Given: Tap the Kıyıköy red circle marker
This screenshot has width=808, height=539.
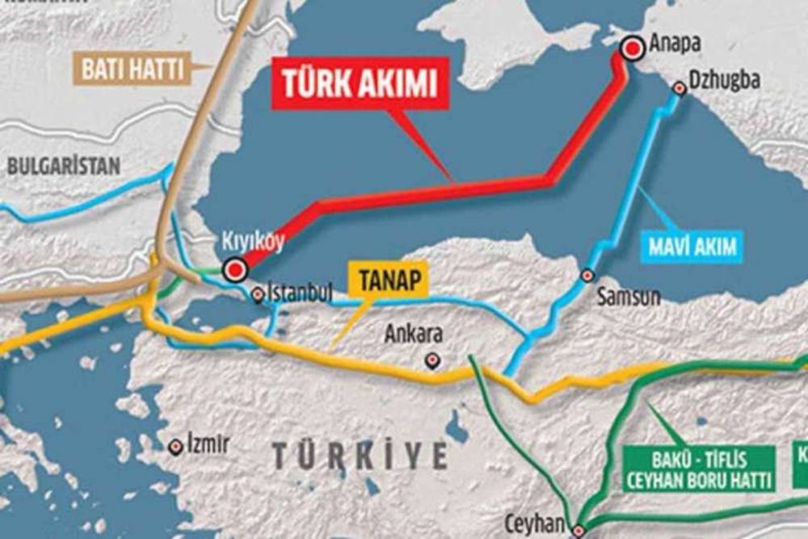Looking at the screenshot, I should (x=235, y=269).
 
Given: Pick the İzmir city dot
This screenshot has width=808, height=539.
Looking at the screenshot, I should (x=175, y=446).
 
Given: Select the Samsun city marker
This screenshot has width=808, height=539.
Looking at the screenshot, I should (x=588, y=276).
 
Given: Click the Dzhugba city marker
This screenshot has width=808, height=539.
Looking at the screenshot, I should (x=680, y=89).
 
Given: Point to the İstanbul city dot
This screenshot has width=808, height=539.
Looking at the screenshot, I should (x=258, y=295).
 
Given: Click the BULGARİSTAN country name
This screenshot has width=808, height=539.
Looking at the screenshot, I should (x=64, y=166).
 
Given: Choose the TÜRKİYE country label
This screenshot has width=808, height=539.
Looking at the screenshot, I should (x=360, y=456).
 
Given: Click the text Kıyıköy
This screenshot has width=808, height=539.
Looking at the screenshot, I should (x=253, y=242).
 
